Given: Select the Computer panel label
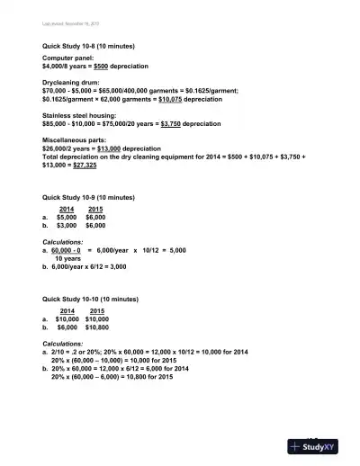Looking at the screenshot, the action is coord(68,58).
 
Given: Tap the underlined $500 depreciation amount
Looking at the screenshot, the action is coord(95,66).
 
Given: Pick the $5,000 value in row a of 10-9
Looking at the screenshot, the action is coord(67,217).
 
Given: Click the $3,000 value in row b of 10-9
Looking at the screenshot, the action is coord(67,226).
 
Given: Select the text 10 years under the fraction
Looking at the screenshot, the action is coord(68,258).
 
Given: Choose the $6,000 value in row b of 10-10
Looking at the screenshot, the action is coord(67,327).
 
